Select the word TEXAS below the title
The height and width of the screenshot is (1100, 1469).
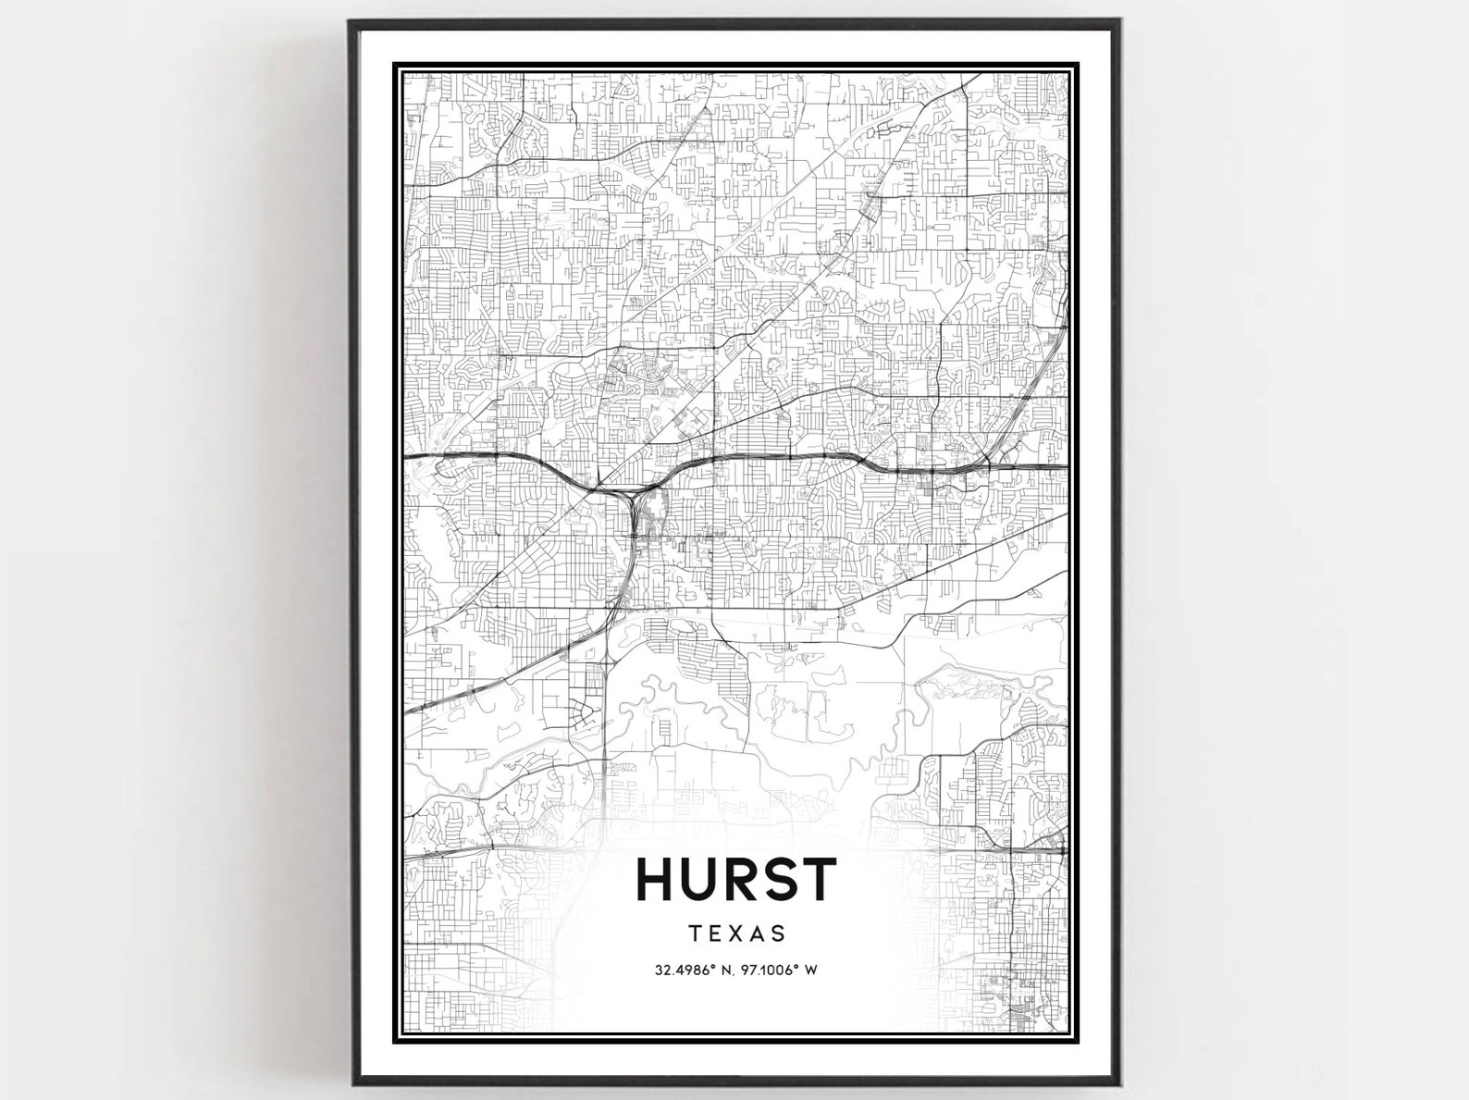click(x=736, y=933)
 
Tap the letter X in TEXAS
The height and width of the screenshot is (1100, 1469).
click(x=736, y=933)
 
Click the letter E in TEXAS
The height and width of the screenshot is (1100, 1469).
click(x=715, y=933)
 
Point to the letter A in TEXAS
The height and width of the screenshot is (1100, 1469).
click(x=759, y=933)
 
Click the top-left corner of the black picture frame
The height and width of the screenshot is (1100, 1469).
click(x=351, y=21)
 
